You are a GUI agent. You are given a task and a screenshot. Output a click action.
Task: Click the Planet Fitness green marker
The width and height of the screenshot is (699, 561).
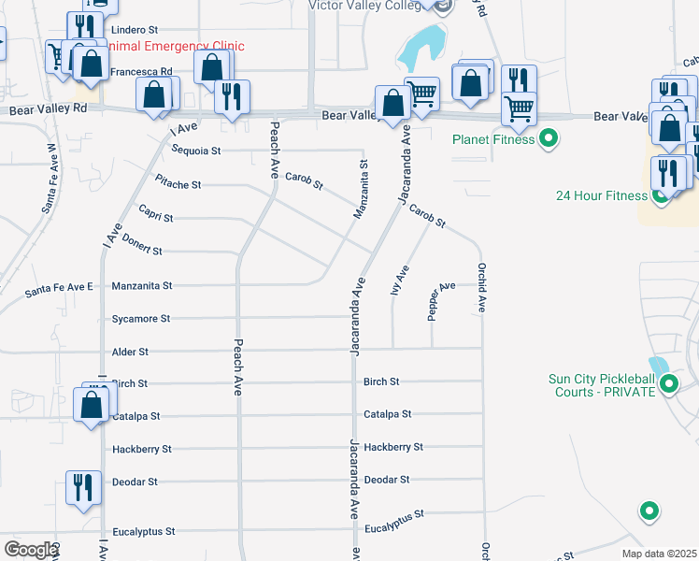549,140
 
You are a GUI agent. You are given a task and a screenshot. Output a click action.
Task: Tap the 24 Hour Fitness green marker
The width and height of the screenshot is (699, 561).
663,195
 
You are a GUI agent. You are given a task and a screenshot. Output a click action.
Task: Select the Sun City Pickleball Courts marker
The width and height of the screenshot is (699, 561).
668,383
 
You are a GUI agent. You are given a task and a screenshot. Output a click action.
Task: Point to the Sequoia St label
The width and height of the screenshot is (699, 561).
195,150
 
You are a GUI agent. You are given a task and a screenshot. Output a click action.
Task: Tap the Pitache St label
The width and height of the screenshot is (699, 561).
178,184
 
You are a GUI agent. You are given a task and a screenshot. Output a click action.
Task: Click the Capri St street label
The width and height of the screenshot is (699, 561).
155,217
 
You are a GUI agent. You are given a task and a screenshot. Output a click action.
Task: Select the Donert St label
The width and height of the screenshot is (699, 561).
142,251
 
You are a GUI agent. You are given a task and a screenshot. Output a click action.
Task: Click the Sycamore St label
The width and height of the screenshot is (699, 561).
140,319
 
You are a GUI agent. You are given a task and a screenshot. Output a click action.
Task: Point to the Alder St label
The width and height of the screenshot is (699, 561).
130,352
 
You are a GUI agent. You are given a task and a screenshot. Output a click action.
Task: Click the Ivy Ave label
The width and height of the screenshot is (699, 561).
399,280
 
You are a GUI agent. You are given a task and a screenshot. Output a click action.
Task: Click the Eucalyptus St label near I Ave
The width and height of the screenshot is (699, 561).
143,531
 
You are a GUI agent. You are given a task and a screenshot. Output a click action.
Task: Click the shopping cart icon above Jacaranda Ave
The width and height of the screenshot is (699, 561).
422,93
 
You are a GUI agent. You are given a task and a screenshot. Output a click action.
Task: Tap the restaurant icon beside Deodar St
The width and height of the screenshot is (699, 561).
82,488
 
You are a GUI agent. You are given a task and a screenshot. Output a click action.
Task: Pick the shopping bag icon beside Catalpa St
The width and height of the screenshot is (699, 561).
91,407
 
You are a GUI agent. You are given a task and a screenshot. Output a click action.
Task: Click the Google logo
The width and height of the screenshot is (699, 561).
30,550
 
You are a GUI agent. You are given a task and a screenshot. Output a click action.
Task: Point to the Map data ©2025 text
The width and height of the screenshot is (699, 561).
658,554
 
